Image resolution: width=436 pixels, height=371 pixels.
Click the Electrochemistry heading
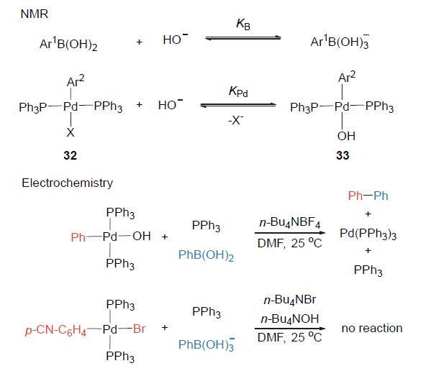67,183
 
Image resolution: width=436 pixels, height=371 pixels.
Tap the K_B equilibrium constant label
242,24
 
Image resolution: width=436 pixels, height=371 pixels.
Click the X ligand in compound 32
70,133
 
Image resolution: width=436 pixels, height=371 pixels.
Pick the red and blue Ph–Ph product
368,196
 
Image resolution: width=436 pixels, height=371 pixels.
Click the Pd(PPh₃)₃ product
368,233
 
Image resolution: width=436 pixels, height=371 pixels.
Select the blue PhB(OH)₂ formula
206,254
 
